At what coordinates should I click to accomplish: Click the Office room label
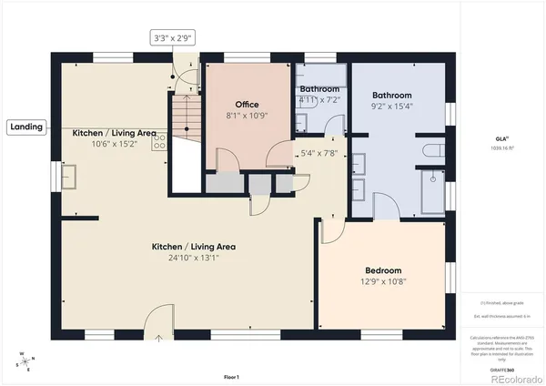tap(248, 105)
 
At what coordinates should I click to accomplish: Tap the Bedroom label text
tap(382, 270)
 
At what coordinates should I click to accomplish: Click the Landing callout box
tap(27, 127)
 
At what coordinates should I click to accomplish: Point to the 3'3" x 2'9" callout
tap(173, 37)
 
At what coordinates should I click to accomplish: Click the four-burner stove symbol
tap(160, 139)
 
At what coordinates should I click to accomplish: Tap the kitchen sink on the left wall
tap(68, 175)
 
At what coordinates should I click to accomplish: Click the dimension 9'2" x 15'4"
tap(392, 107)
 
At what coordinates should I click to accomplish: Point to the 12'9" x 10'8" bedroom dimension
tap(382, 282)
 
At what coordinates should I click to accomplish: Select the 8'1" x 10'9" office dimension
tap(248, 117)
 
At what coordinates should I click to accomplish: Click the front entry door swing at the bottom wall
tap(159, 320)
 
